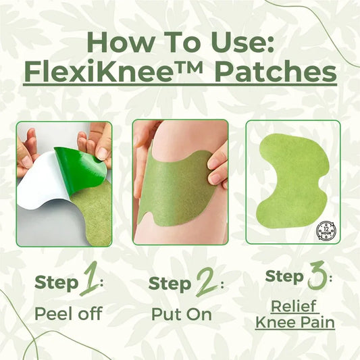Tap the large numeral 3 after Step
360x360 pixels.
315,278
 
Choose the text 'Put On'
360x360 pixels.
180,314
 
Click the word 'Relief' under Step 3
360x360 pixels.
295,305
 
